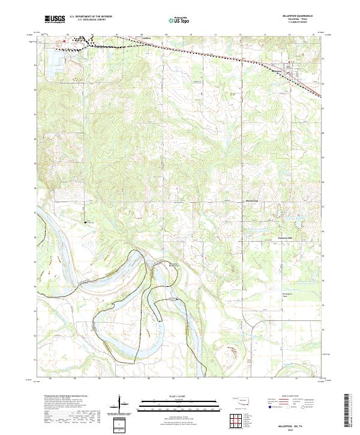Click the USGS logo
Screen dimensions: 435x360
[55, 19]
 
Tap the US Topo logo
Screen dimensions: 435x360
[180, 19]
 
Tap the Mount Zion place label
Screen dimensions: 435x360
[252, 200]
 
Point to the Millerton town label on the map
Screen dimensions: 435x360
[279, 70]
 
